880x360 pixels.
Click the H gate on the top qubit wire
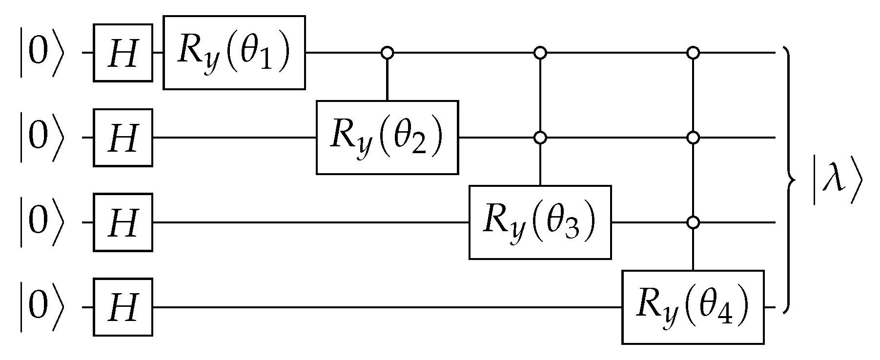tap(123, 52)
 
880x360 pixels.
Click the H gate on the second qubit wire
tap(123, 138)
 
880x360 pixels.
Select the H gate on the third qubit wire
tap(123, 222)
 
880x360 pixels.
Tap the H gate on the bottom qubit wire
tap(123, 307)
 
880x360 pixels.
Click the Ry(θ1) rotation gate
tap(234, 52)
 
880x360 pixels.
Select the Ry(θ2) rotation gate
tap(387, 138)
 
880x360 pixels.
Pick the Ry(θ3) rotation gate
tap(540, 222)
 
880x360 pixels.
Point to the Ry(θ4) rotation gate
tap(693, 307)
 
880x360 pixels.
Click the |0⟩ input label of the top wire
tap(41, 52)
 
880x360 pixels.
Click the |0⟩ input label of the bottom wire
tap(41, 307)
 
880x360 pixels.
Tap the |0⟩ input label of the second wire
tap(41, 138)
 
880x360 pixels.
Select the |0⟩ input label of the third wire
tap(41, 222)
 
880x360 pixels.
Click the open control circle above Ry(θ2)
tap(387, 52)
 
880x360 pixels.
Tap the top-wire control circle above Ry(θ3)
tap(539, 52)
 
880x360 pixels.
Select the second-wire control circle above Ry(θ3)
tap(539, 138)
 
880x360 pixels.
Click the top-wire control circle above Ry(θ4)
tap(693, 52)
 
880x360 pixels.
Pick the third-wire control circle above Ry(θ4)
tap(693, 222)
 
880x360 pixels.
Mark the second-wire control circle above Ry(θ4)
tap(693, 138)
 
